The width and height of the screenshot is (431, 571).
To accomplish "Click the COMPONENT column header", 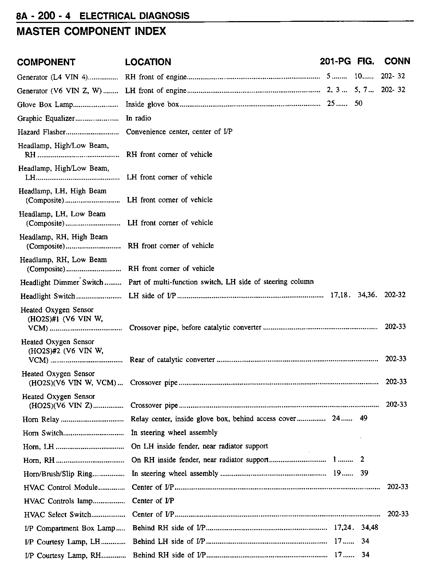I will pyautogui.click(x=46, y=62).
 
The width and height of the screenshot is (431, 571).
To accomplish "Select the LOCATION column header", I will pyautogui.click(x=148, y=62).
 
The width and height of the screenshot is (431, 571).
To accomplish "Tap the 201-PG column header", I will pyautogui.click(x=335, y=62).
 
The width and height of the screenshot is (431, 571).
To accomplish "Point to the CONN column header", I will pyautogui.click(x=397, y=61).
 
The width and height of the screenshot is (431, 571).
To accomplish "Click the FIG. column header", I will pyautogui.click(x=365, y=62).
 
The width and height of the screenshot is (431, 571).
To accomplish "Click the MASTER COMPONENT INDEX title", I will pyautogui.click(x=91, y=31).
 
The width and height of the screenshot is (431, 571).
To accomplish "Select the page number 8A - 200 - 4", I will pyautogui.click(x=43, y=16).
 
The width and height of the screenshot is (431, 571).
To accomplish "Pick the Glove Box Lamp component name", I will pyautogui.click(x=45, y=105).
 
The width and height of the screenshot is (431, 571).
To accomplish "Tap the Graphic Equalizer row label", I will pyautogui.click(x=46, y=119).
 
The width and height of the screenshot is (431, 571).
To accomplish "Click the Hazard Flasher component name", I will pyautogui.click(x=41, y=132).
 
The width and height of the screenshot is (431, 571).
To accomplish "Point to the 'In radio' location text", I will pyautogui.click(x=138, y=118).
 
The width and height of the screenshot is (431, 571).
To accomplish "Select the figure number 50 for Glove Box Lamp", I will pyautogui.click(x=359, y=103).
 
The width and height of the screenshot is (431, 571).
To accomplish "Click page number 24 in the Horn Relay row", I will pyautogui.click(x=336, y=418).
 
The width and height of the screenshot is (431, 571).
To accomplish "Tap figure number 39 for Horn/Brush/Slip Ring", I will pyautogui.click(x=364, y=473).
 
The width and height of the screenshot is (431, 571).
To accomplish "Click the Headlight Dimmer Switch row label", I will pyautogui.click(x=62, y=283).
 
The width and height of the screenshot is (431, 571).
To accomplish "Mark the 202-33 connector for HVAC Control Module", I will pyautogui.click(x=398, y=487).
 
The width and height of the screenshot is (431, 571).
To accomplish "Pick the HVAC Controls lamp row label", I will pyautogui.click(x=58, y=501).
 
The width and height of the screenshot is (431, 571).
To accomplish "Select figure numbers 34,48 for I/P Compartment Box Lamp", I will pyautogui.click(x=369, y=527).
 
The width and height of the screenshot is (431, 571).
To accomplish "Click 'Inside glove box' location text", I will pyautogui.click(x=152, y=105).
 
